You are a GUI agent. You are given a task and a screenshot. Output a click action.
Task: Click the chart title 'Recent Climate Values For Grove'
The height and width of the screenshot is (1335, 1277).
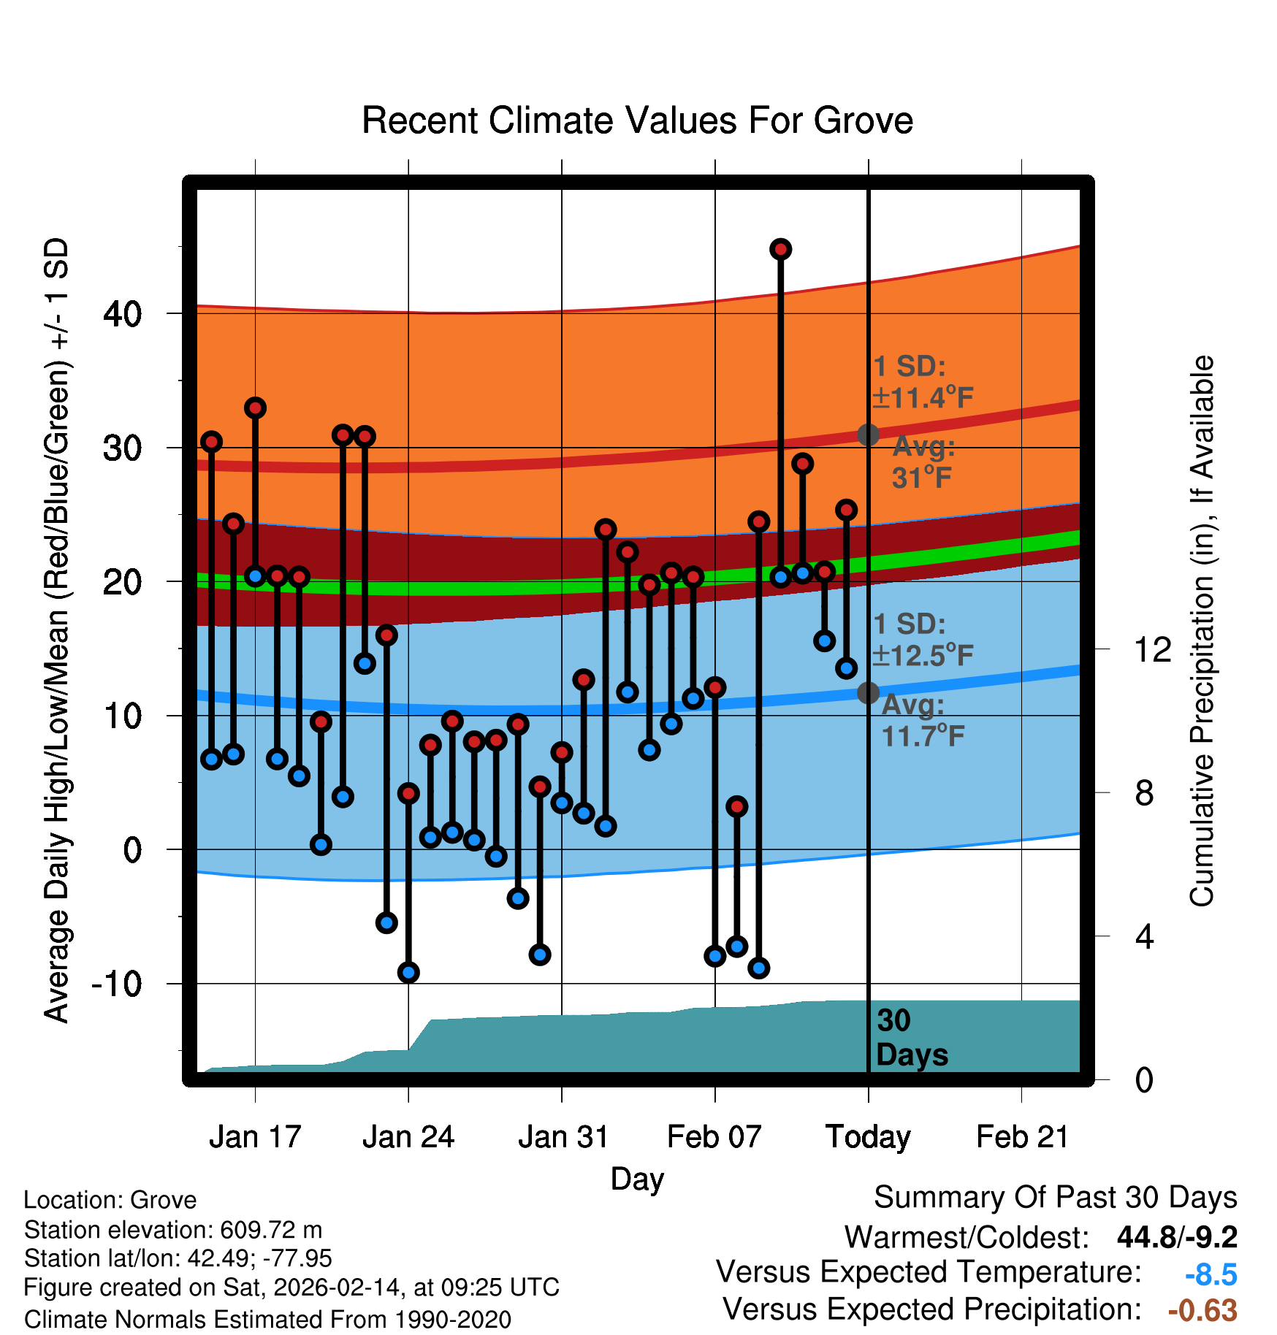637,121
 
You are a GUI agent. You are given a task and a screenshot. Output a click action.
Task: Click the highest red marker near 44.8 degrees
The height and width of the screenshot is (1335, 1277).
780,249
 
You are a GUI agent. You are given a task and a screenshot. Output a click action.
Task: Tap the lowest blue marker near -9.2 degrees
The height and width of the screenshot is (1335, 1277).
408,972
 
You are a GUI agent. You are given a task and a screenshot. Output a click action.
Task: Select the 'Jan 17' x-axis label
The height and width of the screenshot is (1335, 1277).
255,1137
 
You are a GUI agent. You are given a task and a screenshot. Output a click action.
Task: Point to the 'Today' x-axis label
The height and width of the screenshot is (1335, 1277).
868,1137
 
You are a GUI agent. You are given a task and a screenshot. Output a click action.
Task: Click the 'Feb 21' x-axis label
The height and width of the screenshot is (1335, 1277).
1022,1137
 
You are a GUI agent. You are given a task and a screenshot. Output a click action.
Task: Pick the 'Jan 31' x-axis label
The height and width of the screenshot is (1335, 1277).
563,1137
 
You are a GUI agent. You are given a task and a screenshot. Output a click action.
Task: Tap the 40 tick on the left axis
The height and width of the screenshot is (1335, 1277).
123,314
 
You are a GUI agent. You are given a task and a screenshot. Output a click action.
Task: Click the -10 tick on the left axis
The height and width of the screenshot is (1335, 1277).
117,984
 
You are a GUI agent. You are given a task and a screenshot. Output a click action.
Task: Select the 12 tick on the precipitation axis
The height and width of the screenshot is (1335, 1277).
1152,649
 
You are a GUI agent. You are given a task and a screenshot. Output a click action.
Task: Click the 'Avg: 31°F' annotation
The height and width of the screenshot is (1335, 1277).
923,462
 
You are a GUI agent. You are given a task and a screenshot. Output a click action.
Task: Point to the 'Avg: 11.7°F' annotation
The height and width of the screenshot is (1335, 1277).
923,720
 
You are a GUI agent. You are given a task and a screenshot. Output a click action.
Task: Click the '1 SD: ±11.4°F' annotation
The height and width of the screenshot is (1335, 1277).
923,382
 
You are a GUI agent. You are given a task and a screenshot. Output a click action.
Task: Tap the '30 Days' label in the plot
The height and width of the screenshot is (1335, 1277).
911,1038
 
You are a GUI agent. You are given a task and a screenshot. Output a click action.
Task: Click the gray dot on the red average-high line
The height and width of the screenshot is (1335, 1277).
868,435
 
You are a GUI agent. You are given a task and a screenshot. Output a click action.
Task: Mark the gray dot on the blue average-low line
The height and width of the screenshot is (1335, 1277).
868,692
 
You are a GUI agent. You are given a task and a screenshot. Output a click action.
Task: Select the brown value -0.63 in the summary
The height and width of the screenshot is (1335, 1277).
1202,1310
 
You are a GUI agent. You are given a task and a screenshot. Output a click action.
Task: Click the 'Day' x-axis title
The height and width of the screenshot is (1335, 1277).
637,1179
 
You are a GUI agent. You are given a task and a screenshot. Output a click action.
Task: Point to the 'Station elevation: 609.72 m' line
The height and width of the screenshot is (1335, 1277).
173,1230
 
